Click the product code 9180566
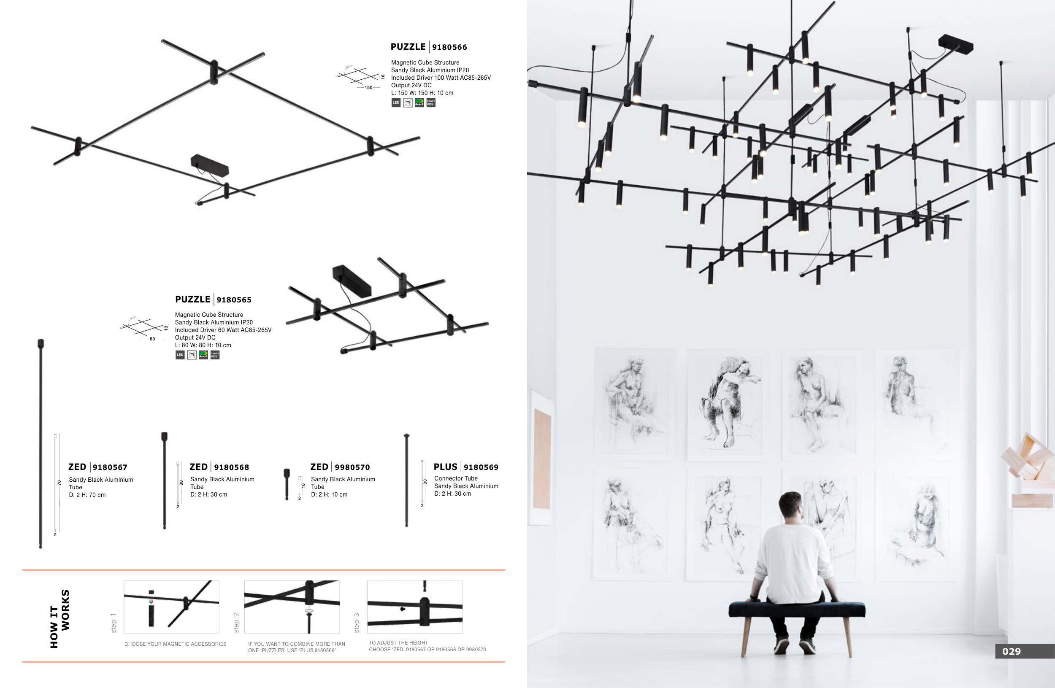(x=449, y=47)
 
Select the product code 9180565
(x=234, y=300)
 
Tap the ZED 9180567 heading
(x=97, y=467)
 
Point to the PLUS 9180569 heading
(x=465, y=467)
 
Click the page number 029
(x=1011, y=651)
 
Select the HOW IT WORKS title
(x=60, y=618)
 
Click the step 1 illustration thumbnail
(x=172, y=607)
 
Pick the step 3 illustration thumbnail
(x=414, y=607)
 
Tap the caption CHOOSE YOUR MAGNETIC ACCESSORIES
(x=175, y=644)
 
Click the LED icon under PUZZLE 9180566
(x=396, y=103)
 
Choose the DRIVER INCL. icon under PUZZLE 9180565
(x=215, y=355)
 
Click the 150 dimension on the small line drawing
(x=368, y=88)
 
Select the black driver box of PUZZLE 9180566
(x=209, y=165)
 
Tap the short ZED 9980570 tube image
(x=287, y=484)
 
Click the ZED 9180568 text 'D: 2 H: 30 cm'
(x=208, y=494)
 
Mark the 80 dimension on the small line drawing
(x=152, y=339)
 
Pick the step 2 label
(x=236, y=623)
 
